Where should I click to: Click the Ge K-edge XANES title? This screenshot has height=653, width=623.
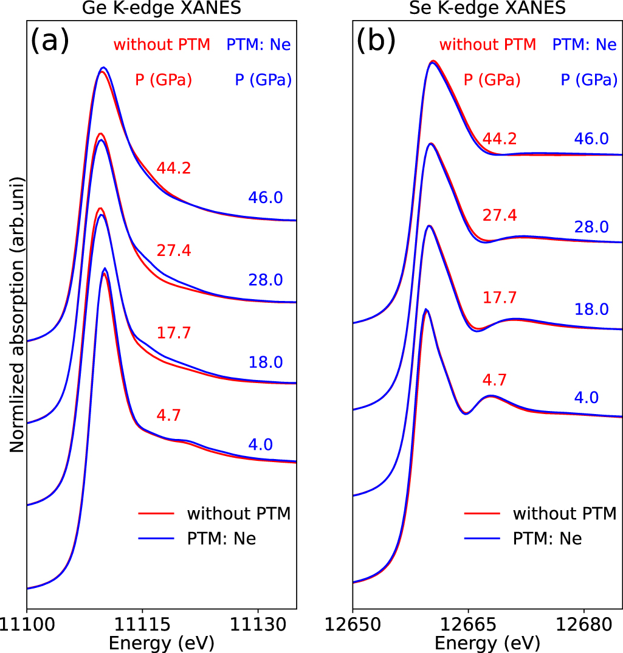coord(161,8)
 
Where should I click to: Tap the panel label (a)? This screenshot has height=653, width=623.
coord(50,42)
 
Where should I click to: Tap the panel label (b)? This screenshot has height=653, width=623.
coord(376,42)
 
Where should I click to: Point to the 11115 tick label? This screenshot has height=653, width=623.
coord(142,626)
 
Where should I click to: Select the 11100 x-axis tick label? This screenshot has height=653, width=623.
coord(27,626)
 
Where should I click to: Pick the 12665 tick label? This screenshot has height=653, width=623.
coord(468,626)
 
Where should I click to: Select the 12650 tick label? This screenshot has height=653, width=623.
coord(353,626)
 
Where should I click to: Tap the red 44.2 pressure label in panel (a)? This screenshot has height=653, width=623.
coord(174,168)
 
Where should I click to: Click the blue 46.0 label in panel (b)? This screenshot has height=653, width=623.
coord(591,139)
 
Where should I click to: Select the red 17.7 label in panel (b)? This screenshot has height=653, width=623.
coord(500,297)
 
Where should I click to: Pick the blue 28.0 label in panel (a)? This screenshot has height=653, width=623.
coord(266,280)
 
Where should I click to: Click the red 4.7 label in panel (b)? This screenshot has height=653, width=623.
coord(495,380)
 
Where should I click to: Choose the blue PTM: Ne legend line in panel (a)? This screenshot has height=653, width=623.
coord(155,539)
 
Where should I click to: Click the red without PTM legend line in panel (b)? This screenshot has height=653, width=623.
coord(481,514)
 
